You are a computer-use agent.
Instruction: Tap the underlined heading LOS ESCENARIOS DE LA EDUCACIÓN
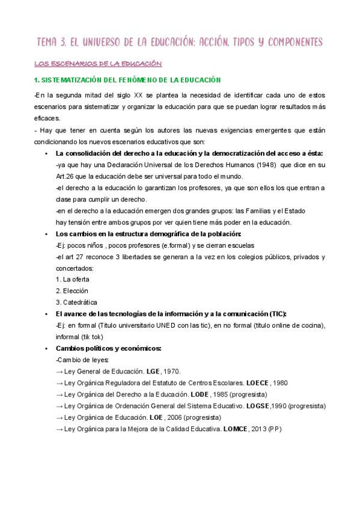pyautogui.click(x=99, y=63)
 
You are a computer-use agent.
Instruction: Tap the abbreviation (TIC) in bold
pyautogui.click(x=276, y=314)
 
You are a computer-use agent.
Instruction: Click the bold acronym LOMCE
pyautogui.click(x=235, y=429)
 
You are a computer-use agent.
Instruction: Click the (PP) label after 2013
pyautogui.click(x=275, y=429)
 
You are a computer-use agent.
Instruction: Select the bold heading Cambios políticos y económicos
pyautogui.click(x=108, y=348)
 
